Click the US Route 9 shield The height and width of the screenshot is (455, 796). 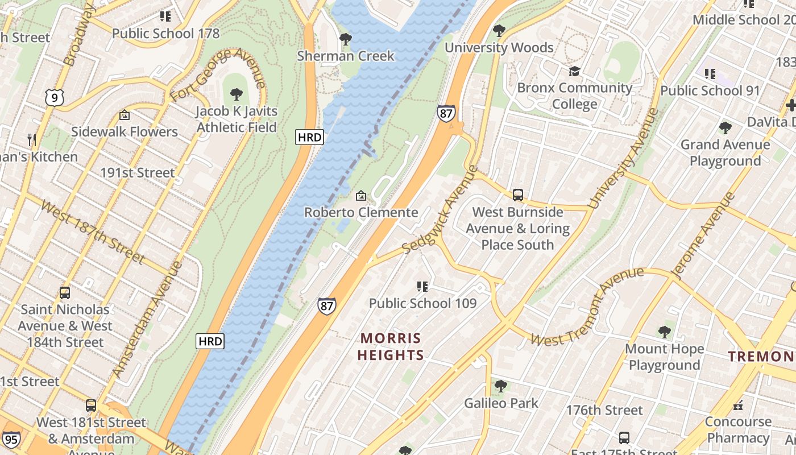point(55,98)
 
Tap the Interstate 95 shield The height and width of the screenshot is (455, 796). point(11,440)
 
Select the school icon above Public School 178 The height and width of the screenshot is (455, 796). point(165,16)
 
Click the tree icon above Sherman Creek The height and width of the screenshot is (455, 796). point(345,39)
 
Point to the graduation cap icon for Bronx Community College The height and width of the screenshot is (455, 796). point(574,71)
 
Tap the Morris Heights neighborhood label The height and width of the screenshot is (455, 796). point(392,346)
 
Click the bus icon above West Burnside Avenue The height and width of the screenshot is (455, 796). point(517,195)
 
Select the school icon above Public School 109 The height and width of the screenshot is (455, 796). point(422,286)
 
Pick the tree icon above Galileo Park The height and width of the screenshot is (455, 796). point(500,386)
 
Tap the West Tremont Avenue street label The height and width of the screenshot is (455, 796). point(587,307)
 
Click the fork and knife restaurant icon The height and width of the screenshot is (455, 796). point(32,139)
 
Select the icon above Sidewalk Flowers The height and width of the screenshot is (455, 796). point(124,115)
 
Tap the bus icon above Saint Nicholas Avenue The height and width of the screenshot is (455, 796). point(65,293)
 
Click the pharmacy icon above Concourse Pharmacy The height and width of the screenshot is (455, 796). point(738,406)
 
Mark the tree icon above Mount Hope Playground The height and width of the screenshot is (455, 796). point(664,332)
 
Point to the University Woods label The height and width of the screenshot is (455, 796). point(499,47)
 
